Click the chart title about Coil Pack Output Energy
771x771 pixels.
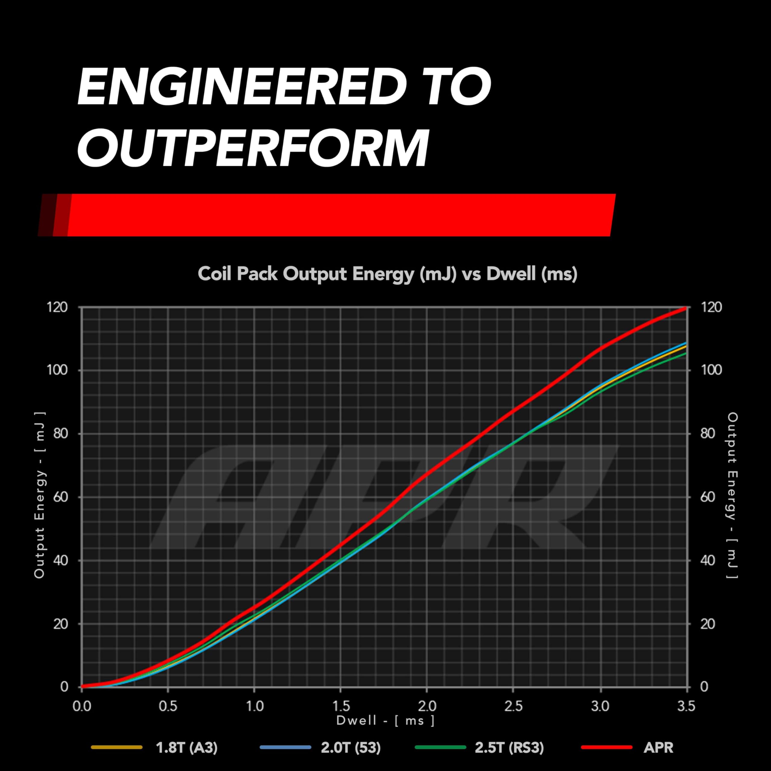pyautogui.click(x=387, y=274)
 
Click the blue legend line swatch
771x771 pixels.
pyautogui.click(x=285, y=747)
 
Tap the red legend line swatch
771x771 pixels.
pyautogui.click(x=607, y=747)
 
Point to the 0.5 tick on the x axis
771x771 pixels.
pyautogui.click(x=168, y=706)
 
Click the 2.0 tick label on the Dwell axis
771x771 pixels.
pyautogui.click(x=427, y=706)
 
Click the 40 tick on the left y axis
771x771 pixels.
pyautogui.click(x=60, y=560)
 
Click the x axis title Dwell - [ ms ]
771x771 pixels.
pyautogui.click(x=385, y=720)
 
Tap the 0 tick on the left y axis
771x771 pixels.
pyautogui.click(x=64, y=687)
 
